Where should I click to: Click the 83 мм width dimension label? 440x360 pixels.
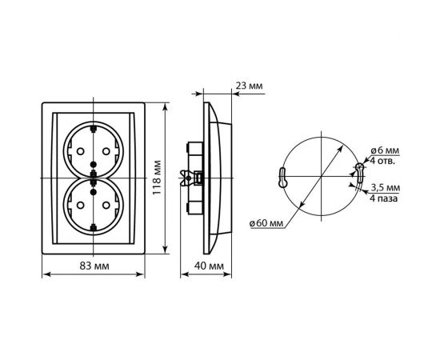(95, 265)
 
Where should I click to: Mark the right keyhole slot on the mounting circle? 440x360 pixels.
(358, 171)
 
